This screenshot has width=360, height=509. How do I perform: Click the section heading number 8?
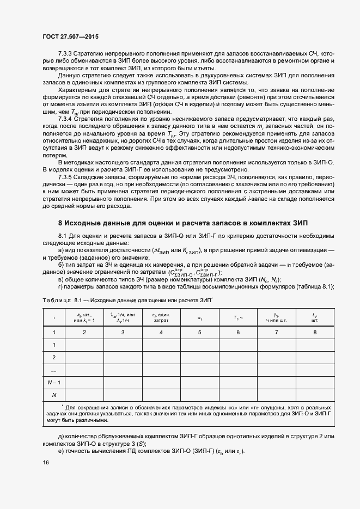pyautogui.click(x=60, y=223)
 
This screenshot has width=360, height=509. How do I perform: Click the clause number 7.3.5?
pyautogui.click(x=67, y=177)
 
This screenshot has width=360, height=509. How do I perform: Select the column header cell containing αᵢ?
pyautogui.click(x=199, y=316)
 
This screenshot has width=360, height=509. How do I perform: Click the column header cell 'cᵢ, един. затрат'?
pyautogui.click(x=161, y=316)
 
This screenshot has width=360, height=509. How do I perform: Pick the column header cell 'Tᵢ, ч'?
pyautogui.click(x=237, y=316)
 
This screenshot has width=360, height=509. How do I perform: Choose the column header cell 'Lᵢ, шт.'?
pyautogui.click(x=314, y=316)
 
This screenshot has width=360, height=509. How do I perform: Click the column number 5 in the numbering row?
pyautogui.click(x=199, y=332)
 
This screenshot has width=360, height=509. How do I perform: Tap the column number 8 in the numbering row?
pyautogui.click(x=314, y=332)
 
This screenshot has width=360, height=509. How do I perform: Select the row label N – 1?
pyautogui.click(x=54, y=382)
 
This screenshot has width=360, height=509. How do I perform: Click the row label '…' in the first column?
pyautogui.click(x=54, y=370)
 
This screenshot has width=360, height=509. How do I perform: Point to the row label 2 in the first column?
pyautogui.click(x=54, y=357)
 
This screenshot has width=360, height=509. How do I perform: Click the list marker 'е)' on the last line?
pyautogui.click(x=62, y=451)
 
